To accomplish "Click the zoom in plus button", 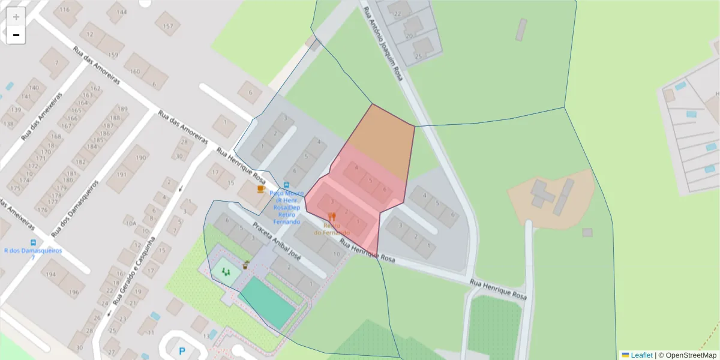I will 16,17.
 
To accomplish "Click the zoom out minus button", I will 16,35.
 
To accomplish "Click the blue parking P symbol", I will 182,350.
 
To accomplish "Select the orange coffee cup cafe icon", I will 260,189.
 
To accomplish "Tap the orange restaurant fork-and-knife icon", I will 332,217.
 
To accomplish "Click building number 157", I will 167,26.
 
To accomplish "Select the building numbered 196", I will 73,293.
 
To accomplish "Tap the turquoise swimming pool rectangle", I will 267,303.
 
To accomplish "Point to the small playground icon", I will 226,272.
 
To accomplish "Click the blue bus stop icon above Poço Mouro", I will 286,185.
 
